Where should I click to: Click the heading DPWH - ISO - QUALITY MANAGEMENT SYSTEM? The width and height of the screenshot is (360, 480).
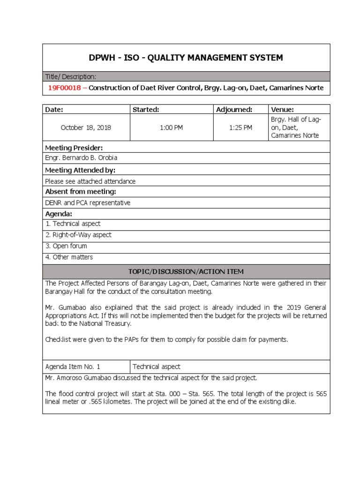186,58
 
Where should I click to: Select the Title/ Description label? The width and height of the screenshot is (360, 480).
71,76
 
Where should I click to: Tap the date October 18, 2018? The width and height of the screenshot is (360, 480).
86,127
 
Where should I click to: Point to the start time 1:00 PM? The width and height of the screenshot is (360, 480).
171,127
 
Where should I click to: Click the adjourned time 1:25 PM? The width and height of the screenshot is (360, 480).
240,127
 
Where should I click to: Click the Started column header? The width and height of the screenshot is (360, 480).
146,110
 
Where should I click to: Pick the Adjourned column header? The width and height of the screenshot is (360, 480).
234,110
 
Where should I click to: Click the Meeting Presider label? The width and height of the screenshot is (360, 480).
74,148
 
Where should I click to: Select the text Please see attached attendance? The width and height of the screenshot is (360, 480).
90,181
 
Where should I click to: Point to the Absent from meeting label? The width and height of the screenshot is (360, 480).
80,192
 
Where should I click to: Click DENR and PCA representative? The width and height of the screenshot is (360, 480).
88,203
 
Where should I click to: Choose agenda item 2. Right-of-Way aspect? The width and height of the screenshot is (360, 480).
78,235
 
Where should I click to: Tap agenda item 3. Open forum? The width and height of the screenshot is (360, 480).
66,246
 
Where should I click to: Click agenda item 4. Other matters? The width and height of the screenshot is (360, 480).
69,257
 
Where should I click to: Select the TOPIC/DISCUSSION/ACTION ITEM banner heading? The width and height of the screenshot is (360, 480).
186,272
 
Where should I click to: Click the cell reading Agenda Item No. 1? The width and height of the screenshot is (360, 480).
73,367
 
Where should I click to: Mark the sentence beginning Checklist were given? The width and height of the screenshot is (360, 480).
166,339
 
